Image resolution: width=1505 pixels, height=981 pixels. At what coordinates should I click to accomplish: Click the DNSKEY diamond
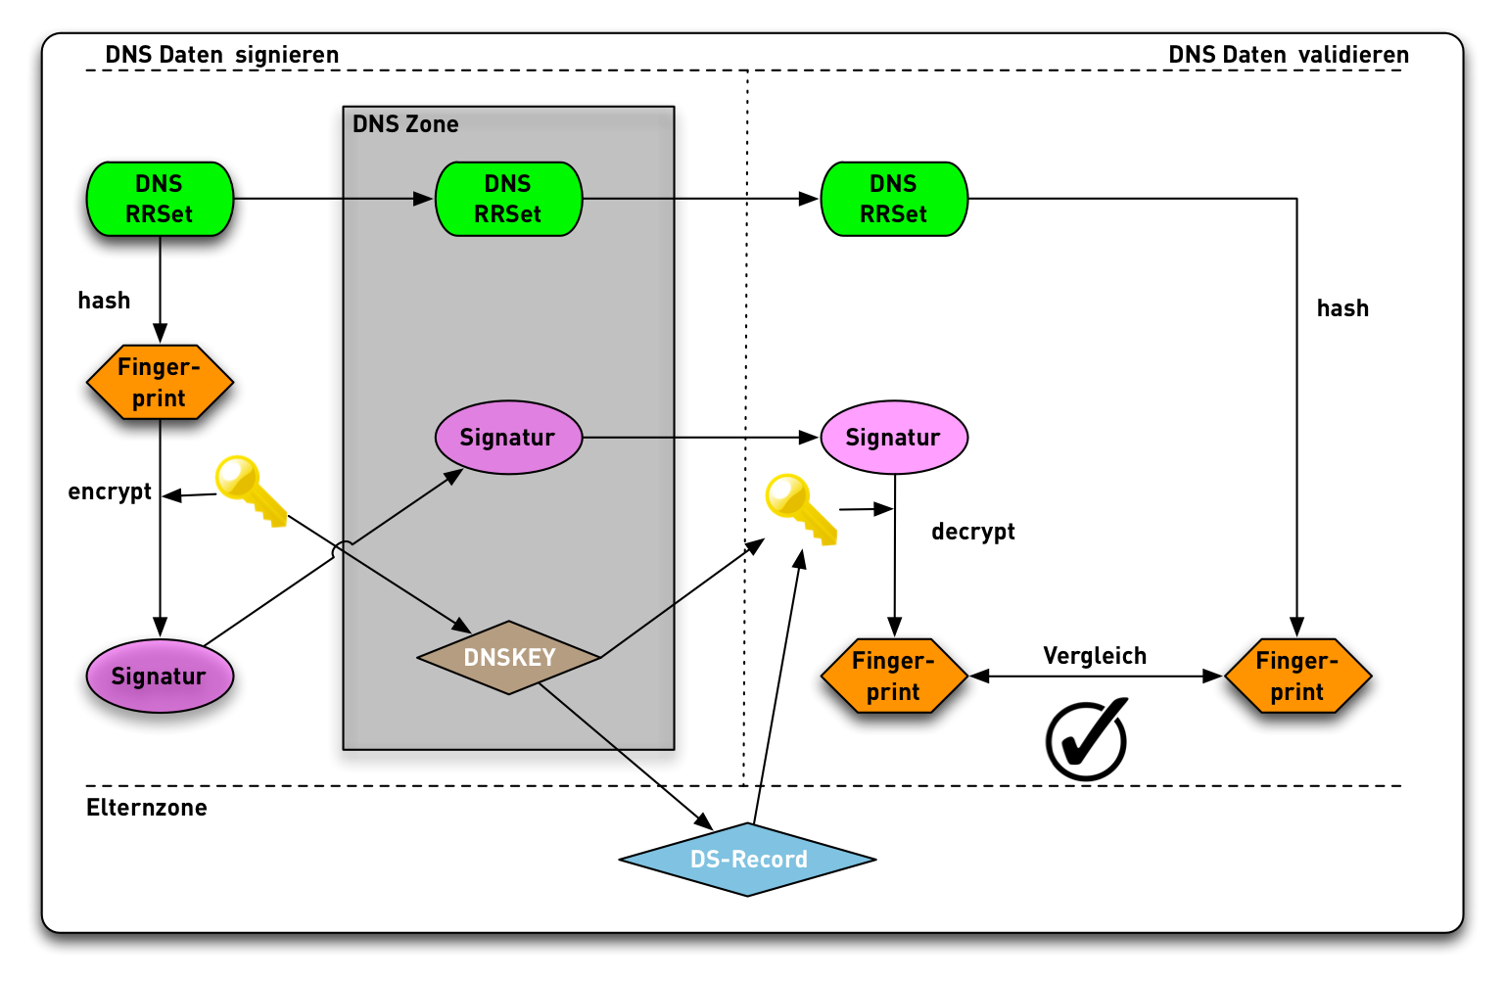click(509, 658)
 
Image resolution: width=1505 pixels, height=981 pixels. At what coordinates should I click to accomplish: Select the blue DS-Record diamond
click(748, 860)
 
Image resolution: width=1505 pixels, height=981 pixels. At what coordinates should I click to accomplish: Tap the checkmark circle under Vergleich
click(1086, 740)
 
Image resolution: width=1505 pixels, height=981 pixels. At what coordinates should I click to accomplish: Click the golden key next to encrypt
click(248, 489)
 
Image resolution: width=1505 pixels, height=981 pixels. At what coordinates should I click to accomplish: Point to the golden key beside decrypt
click(799, 507)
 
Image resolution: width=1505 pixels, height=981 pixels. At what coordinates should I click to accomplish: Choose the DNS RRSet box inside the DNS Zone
click(508, 199)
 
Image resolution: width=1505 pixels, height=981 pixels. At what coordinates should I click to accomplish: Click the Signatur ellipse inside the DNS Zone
click(508, 438)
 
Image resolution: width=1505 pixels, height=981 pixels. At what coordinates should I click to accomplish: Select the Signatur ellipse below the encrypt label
click(160, 677)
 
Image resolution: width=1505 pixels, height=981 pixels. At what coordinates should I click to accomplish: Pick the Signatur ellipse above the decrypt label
click(893, 438)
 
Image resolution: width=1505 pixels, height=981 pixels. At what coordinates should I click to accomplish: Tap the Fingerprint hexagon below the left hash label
click(160, 383)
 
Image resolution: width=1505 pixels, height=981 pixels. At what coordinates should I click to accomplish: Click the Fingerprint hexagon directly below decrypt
click(893, 677)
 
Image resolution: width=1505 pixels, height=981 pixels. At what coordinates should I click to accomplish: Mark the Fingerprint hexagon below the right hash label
click(1297, 677)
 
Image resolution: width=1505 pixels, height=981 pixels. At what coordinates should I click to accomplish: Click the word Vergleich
click(1095, 656)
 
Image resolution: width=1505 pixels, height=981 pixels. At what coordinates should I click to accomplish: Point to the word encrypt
click(110, 491)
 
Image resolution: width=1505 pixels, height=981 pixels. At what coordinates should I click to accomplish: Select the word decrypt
click(973, 532)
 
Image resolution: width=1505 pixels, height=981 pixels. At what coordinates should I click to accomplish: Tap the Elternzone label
click(147, 808)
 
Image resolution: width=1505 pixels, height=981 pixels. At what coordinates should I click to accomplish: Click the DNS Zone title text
click(405, 124)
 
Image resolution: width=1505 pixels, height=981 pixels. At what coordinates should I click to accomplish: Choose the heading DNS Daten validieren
click(1289, 55)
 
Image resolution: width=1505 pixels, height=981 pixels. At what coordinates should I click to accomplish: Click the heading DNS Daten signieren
click(222, 55)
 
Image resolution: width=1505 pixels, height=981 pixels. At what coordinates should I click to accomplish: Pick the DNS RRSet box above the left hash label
click(160, 199)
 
